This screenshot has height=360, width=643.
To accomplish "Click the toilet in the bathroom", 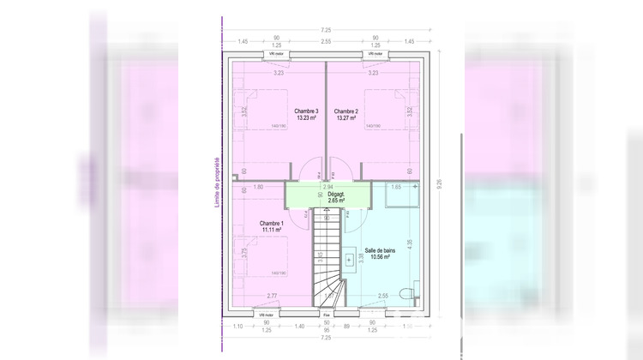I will coord(412,293).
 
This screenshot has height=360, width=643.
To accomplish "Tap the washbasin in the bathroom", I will coord(352,257).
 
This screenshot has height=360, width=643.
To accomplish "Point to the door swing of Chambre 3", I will coord(309,165).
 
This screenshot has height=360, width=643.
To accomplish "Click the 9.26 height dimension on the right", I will coord(440,182).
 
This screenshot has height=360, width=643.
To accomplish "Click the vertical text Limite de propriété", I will coord(217,182).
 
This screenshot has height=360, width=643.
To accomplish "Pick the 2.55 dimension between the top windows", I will coord(326,41).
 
